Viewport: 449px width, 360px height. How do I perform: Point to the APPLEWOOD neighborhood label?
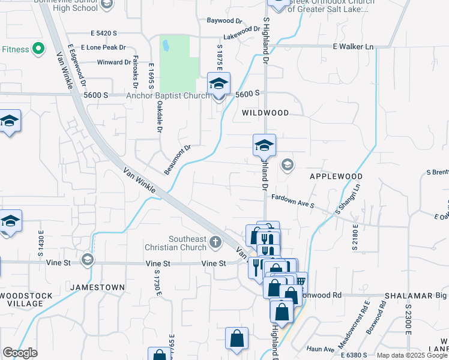click(x=336, y=176)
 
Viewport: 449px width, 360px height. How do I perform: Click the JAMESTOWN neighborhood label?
click(x=97, y=287)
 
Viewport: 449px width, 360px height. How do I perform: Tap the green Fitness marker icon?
click(x=38, y=48)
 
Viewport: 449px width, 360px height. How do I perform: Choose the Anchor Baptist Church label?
click(x=167, y=95)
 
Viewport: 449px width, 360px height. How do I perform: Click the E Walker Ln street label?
click(x=354, y=46)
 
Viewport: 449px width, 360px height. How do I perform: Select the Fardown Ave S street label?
click(x=293, y=200)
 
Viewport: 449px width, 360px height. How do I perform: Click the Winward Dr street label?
click(x=113, y=62)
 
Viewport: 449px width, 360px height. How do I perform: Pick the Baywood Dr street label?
click(x=224, y=20)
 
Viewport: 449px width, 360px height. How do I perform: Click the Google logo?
click(x=20, y=353)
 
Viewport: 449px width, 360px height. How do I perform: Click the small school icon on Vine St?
click(x=88, y=259)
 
